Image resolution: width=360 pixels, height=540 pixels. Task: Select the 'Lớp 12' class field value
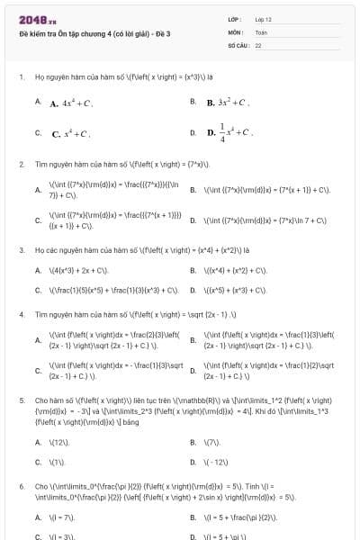coord(263,19)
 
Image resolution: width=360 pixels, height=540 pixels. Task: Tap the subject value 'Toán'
coord(261,31)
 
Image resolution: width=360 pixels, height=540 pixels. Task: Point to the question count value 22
coord(258,44)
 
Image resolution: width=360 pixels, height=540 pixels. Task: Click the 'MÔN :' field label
coord(236,31)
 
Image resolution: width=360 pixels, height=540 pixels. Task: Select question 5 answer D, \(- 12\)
coord(216,462)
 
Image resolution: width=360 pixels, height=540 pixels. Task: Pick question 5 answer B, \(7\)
coord(211,442)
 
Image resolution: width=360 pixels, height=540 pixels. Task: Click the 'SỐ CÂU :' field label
coord(238,44)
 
